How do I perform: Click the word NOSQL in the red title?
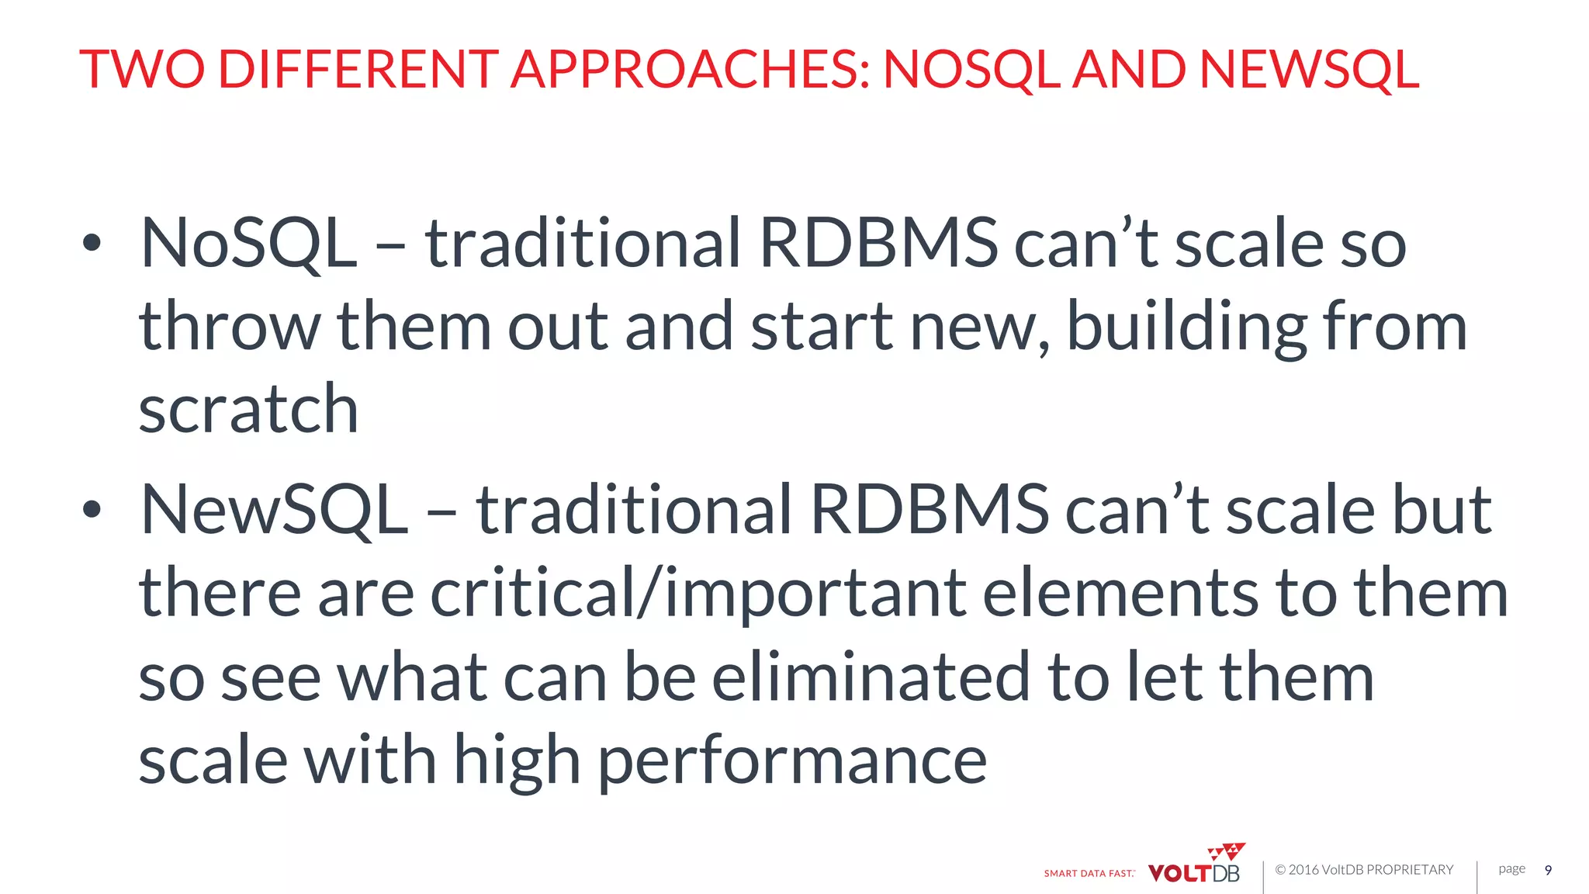971,69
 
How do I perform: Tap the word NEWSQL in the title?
1310,69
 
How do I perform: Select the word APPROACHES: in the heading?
690,69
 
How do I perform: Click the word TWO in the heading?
142,69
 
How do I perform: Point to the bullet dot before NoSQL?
92,243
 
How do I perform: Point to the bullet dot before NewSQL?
92,509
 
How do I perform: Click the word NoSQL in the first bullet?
248,243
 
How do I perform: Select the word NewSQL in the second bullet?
274,509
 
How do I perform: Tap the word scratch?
248,409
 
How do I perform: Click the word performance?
792,761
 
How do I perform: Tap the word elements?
1120,593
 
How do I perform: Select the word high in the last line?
517,761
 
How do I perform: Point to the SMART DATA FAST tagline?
1089,873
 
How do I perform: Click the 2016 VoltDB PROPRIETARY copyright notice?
1364,870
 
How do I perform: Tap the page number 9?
1548,870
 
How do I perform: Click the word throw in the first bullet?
230,327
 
